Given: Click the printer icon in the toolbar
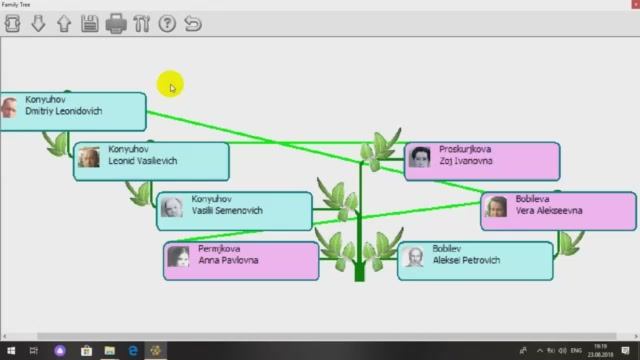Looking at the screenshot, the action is tap(115, 24).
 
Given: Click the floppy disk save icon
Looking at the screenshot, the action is tap(90, 24).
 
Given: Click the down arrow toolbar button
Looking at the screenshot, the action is tap(38, 24).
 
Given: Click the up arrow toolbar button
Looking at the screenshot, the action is tap(64, 24).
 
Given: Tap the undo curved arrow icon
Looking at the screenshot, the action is tap(193, 24).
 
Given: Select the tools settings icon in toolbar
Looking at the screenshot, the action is tap(141, 24).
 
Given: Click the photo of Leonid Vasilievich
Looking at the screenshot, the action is tap(90, 157).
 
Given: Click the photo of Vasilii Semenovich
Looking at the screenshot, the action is tap(172, 208).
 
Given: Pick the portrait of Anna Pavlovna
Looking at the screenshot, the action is tap(179, 257).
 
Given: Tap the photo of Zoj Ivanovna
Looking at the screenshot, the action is tap(420, 157).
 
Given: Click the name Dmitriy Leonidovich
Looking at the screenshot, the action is tap(63, 112).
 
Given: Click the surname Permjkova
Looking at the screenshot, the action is tap(220, 248).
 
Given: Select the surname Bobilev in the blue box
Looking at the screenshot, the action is tap(450, 248).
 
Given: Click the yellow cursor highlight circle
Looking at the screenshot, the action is tap(171, 87).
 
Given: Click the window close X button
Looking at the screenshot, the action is tap(627, 5).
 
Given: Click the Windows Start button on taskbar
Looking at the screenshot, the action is tap(9, 351).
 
